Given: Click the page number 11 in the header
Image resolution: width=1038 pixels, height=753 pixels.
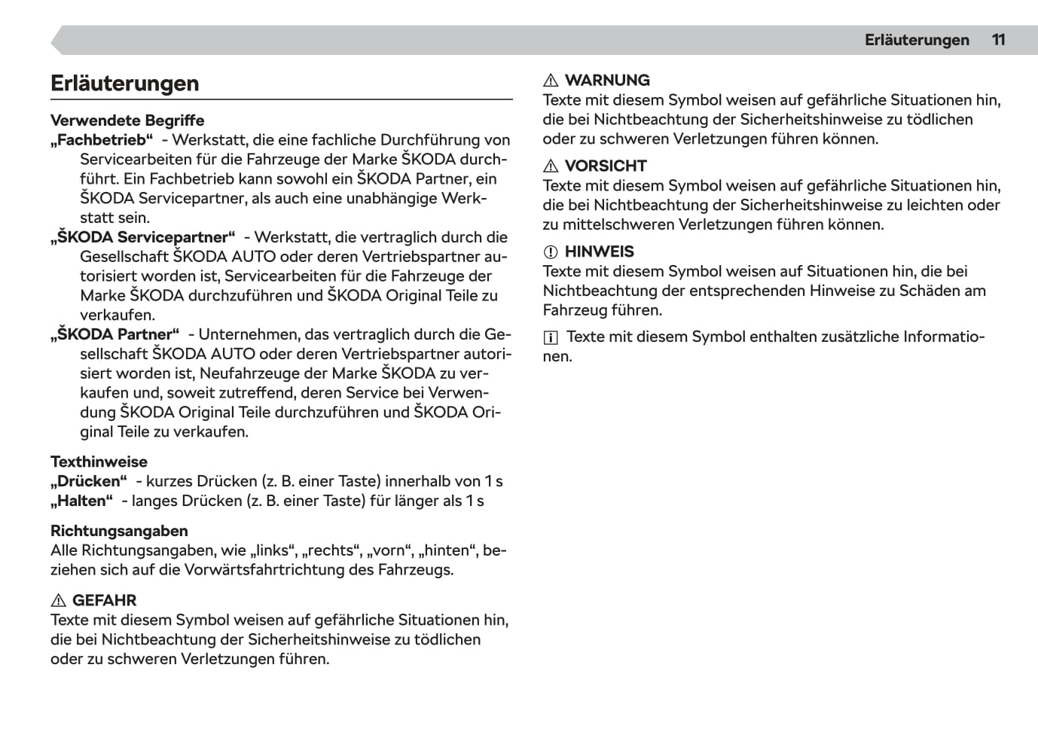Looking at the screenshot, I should click(998, 40).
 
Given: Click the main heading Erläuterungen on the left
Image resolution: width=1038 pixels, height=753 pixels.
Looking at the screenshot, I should click(125, 83).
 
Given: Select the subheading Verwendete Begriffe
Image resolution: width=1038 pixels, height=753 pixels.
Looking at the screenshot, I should click(127, 120).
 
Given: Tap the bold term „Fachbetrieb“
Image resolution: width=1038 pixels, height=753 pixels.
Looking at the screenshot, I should click(102, 140).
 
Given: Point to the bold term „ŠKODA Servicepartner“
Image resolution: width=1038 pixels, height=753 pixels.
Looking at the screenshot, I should click(142, 238).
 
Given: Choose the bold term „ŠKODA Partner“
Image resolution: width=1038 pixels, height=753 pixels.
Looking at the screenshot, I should click(114, 334).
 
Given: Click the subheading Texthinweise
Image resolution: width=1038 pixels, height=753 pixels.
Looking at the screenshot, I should click(99, 462).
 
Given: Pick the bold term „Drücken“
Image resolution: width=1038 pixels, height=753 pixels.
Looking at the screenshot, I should click(88, 481).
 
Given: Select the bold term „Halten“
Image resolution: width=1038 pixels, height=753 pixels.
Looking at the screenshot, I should click(81, 501).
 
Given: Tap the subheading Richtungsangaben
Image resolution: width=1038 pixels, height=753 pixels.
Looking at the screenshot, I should click(119, 531).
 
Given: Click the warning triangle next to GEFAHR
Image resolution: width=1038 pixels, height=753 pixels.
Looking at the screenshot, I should click(58, 601).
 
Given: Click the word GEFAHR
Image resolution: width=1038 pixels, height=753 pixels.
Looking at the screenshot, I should click(105, 601).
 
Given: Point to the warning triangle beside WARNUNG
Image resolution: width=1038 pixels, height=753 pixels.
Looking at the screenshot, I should click(551, 81).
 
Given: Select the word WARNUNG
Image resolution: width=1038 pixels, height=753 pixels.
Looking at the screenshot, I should click(607, 81).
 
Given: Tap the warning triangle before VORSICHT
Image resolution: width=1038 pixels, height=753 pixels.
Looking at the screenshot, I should click(551, 166).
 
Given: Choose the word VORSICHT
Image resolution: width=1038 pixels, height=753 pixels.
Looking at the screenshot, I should click(606, 166).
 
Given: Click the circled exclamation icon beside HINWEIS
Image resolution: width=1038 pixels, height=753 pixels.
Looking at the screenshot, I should click(551, 252).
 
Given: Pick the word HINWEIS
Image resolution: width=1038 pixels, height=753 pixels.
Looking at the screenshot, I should click(600, 252).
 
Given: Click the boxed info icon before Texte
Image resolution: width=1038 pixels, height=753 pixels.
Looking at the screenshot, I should click(551, 338).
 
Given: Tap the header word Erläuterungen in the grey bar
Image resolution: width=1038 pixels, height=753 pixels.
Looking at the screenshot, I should click(917, 40).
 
